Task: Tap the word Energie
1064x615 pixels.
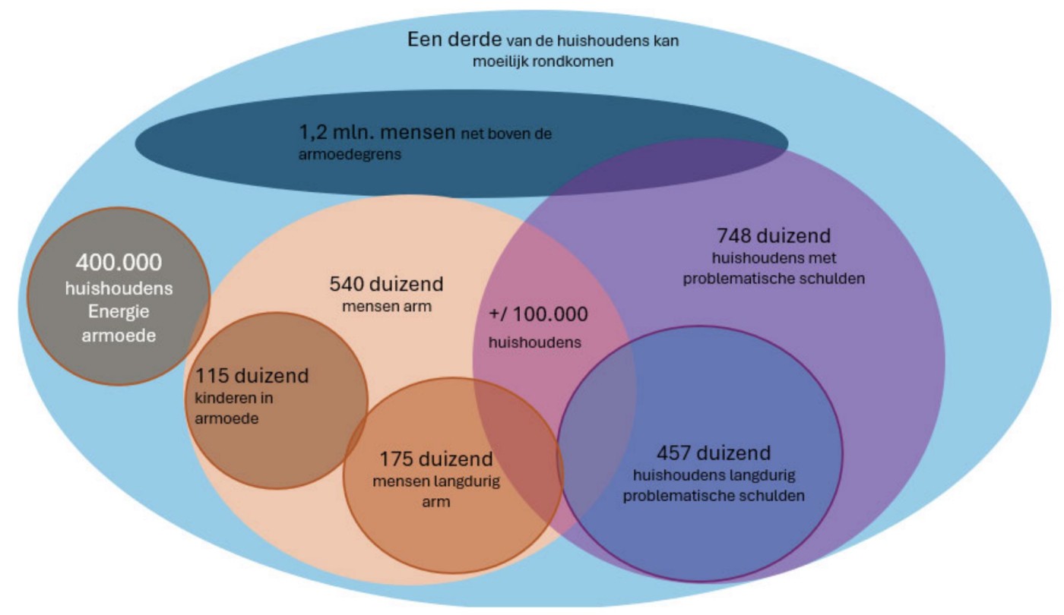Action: point(118,311)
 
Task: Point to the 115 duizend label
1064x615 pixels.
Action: point(252,375)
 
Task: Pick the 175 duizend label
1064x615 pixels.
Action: point(436,459)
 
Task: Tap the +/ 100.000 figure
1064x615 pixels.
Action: point(538,314)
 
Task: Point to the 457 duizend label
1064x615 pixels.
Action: point(713,453)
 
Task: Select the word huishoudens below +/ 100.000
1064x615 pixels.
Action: point(535,342)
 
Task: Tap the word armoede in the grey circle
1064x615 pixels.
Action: point(118,335)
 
